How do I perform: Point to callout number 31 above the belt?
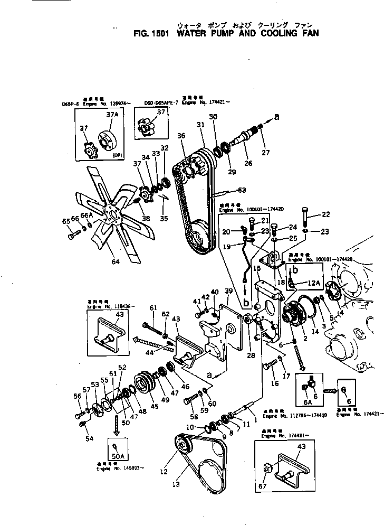pyautogui.click(x=200, y=125)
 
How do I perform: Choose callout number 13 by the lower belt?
pyautogui.click(x=175, y=484)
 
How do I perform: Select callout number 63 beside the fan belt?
pyautogui.click(x=242, y=191)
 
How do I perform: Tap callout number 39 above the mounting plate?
pyautogui.click(x=228, y=292)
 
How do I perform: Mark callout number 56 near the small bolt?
pyautogui.click(x=76, y=396)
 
